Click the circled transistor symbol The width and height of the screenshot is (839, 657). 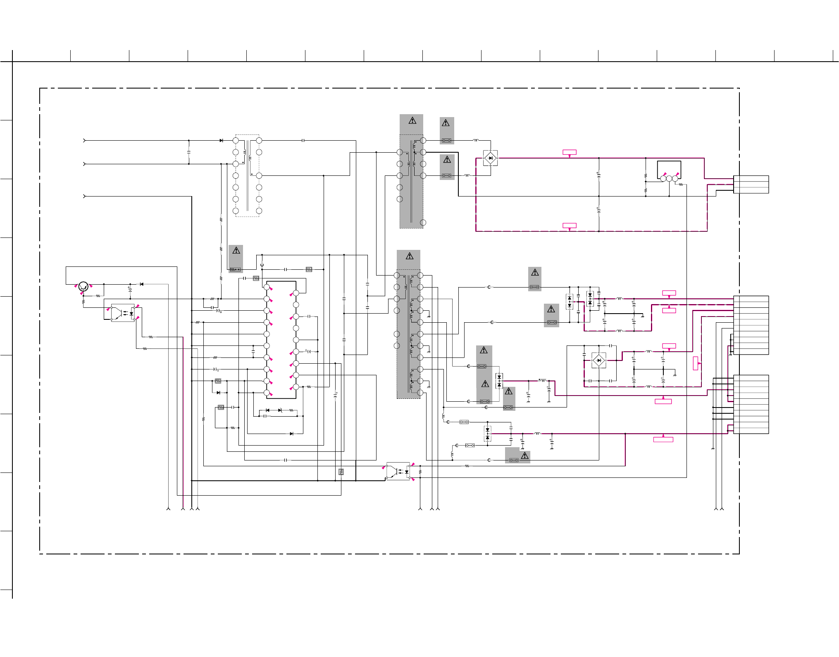pyautogui.click(x=83, y=286)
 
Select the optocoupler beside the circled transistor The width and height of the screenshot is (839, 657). pyautogui.click(x=123, y=313)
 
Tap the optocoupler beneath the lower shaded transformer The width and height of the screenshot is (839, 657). pyautogui.click(x=398, y=471)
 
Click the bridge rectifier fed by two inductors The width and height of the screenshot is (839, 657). pyautogui.click(x=491, y=158)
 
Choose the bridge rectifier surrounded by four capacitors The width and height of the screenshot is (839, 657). pyautogui.click(x=599, y=360)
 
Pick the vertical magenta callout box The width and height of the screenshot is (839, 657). pyautogui.click(x=696, y=363)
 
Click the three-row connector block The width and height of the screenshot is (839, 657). pyautogui.click(x=751, y=185)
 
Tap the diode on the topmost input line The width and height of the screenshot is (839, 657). pyautogui.click(x=221, y=140)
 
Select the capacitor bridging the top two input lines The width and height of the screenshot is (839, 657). pyautogui.click(x=189, y=152)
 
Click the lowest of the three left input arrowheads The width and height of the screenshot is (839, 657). pyautogui.click(x=84, y=196)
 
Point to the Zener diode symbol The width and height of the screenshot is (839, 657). pyautogui.click(x=280, y=410)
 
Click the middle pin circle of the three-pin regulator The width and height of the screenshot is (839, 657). pyautogui.click(x=669, y=179)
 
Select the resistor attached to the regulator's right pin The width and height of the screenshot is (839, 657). pyautogui.click(x=681, y=185)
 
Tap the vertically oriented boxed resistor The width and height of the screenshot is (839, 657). pyautogui.click(x=341, y=472)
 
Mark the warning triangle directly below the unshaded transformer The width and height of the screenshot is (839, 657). pyautogui.click(x=236, y=250)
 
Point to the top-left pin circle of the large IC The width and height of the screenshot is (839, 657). pyautogui.click(x=267, y=287)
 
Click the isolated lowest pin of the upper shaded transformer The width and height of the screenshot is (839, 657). pyautogui.click(x=423, y=223)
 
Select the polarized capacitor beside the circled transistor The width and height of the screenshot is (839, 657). pyautogui.click(x=130, y=289)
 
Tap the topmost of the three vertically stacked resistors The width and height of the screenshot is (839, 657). pyautogui.click(x=221, y=220)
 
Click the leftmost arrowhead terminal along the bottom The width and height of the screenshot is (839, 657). pyautogui.click(x=168, y=508)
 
